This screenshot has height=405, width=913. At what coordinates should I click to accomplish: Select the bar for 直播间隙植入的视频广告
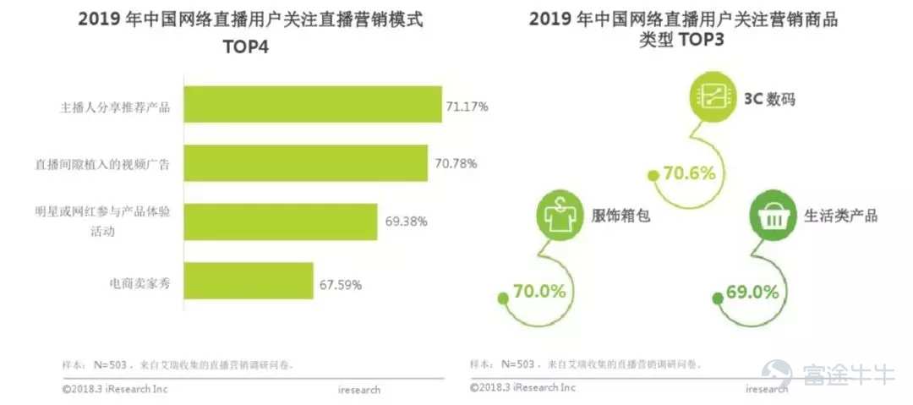click(x=305, y=163)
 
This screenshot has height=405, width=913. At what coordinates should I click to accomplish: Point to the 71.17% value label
click(x=467, y=107)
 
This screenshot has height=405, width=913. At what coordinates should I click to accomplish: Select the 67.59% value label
click(x=341, y=285)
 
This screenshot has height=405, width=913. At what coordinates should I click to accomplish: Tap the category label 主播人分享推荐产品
click(x=115, y=107)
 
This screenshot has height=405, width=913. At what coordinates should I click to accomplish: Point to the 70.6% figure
click(x=689, y=173)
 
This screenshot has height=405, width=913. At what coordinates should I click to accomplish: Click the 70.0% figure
click(x=539, y=292)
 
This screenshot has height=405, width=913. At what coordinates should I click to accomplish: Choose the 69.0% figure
click(x=752, y=293)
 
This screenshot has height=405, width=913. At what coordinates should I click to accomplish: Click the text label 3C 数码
click(x=769, y=100)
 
